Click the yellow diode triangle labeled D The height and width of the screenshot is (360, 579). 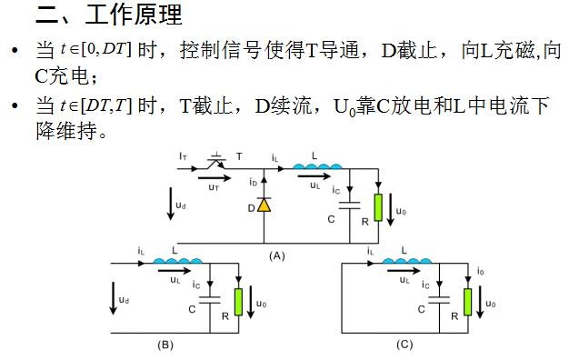pos(264,205)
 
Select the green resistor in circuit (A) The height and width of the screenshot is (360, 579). pos(378,207)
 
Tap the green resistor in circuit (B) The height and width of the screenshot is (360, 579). pos(238,302)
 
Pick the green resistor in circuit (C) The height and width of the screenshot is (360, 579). pos(468,302)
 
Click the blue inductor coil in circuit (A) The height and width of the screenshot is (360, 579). pos(317,166)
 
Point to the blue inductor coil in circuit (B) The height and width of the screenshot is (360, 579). pos(177,261)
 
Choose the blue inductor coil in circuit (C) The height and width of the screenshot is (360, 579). pos(407,261)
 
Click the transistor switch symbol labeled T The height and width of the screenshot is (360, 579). pos(216,161)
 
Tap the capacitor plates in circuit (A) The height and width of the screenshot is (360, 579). pos(349,205)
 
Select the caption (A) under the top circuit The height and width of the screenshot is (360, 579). pos(277,255)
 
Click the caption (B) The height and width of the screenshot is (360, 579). pos(165,345)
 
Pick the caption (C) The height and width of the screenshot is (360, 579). pos(404,345)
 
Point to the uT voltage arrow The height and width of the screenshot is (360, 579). pos(215,178)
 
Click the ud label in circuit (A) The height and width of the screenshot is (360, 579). pos(181,205)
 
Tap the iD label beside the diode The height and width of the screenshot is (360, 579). pos(253,182)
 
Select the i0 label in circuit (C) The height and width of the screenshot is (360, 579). pos(481,272)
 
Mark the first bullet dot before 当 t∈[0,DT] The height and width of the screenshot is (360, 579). pos(15,50)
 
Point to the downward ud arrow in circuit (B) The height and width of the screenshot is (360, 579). pos(114,298)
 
